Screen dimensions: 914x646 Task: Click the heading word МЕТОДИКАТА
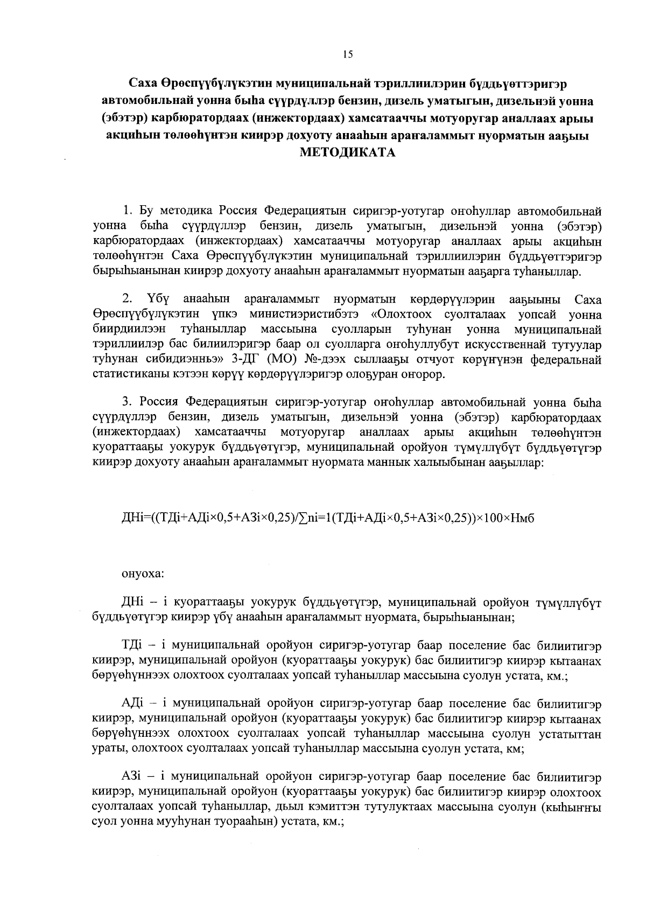[347, 152]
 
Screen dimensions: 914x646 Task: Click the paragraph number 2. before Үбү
[128, 299]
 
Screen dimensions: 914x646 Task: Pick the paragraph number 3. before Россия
[128, 402]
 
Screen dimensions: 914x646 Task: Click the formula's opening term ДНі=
[137, 518]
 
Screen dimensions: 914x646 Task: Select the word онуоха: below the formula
[143, 574]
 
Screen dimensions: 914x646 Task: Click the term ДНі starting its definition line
[132, 602]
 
